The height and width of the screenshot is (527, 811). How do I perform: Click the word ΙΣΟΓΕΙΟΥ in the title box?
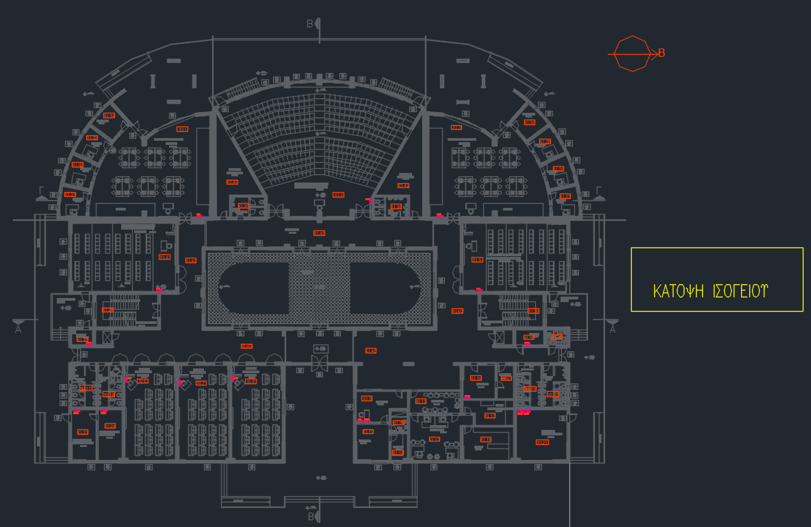click(741, 291)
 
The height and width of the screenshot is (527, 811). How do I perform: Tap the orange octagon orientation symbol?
click(632, 53)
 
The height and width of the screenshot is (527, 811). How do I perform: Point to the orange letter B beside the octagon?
click(662, 53)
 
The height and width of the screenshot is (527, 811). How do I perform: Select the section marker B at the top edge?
click(310, 24)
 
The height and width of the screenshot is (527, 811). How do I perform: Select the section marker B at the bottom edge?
click(310, 516)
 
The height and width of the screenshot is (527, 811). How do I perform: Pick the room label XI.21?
click(542, 442)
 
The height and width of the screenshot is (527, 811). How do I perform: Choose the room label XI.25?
click(370, 351)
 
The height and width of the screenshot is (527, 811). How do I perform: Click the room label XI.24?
click(246, 347)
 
